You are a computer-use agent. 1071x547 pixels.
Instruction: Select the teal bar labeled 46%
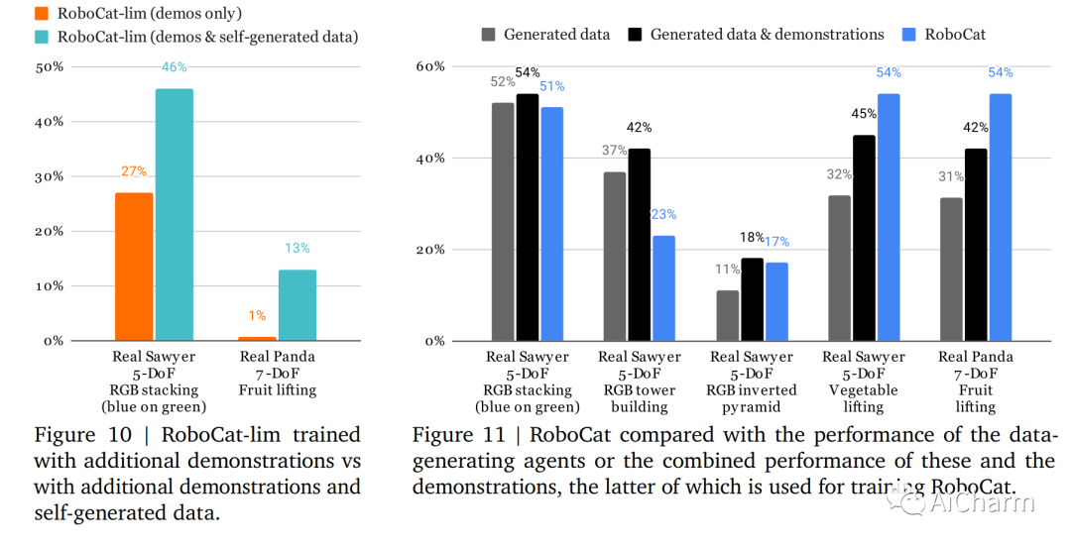tap(175, 214)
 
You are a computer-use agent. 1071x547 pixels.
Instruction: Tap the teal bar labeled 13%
tap(297, 304)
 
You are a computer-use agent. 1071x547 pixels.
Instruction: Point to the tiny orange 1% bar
tap(258, 338)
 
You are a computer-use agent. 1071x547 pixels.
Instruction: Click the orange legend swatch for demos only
tap(43, 14)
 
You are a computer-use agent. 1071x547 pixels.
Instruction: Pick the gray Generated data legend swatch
tap(487, 35)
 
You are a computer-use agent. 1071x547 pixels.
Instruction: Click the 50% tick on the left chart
tap(50, 67)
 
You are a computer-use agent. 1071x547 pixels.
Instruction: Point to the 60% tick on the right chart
tap(428, 67)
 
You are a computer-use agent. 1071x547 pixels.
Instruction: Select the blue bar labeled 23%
tap(663, 287)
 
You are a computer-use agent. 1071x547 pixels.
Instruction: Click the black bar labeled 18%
tap(753, 299)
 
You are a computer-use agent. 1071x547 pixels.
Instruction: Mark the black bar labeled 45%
tap(864, 238)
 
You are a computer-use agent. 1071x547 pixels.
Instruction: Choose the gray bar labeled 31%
tap(952, 269)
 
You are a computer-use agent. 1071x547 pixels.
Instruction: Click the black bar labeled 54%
tap(527, 217)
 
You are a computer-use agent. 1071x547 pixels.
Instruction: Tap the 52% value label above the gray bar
tap(503, 82)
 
